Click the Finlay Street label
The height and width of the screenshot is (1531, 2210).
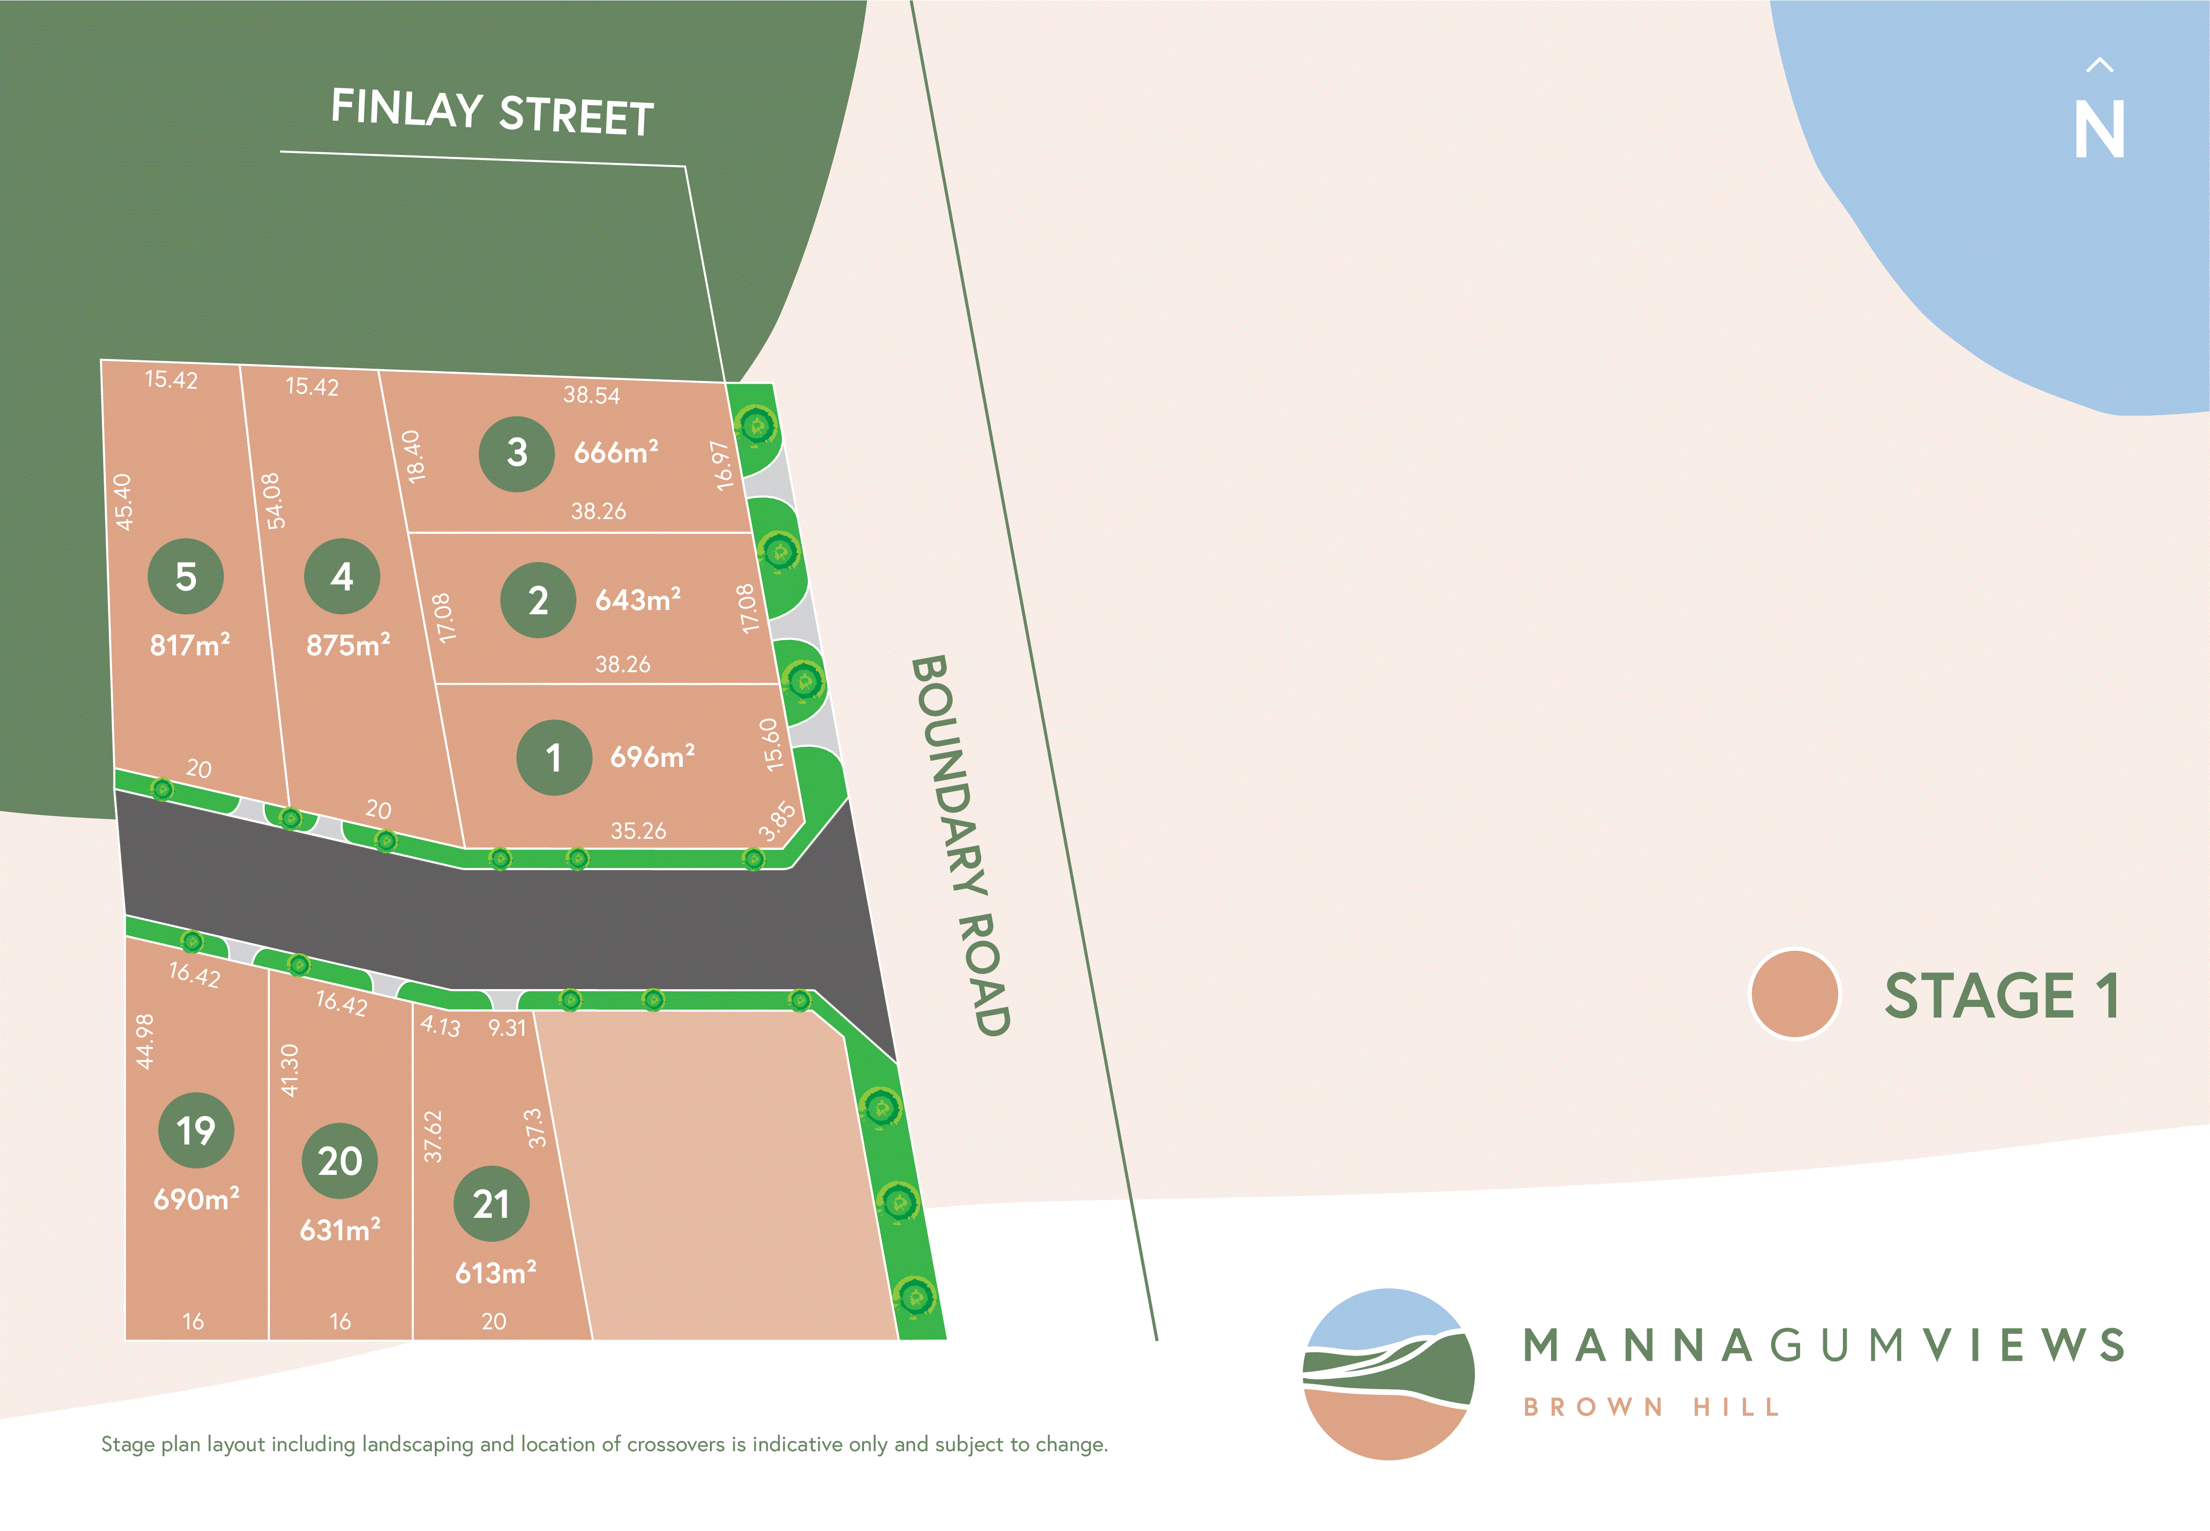click(x=492, y=112)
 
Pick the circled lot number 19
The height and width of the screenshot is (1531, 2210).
click(x=196, y=1130)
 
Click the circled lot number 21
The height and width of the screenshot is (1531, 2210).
click(x=490, y=1204)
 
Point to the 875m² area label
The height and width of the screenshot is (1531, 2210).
click(x=347, y=645)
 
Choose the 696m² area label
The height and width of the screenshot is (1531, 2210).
click(x=652, y=757)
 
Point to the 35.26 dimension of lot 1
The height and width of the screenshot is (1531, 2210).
click(x=638, y=831)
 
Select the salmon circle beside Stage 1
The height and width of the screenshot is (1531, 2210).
click(x=1793, y=994)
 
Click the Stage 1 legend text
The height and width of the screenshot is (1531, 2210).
click(x=2002, y=996)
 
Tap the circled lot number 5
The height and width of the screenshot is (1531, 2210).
click(x=185, y=576)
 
